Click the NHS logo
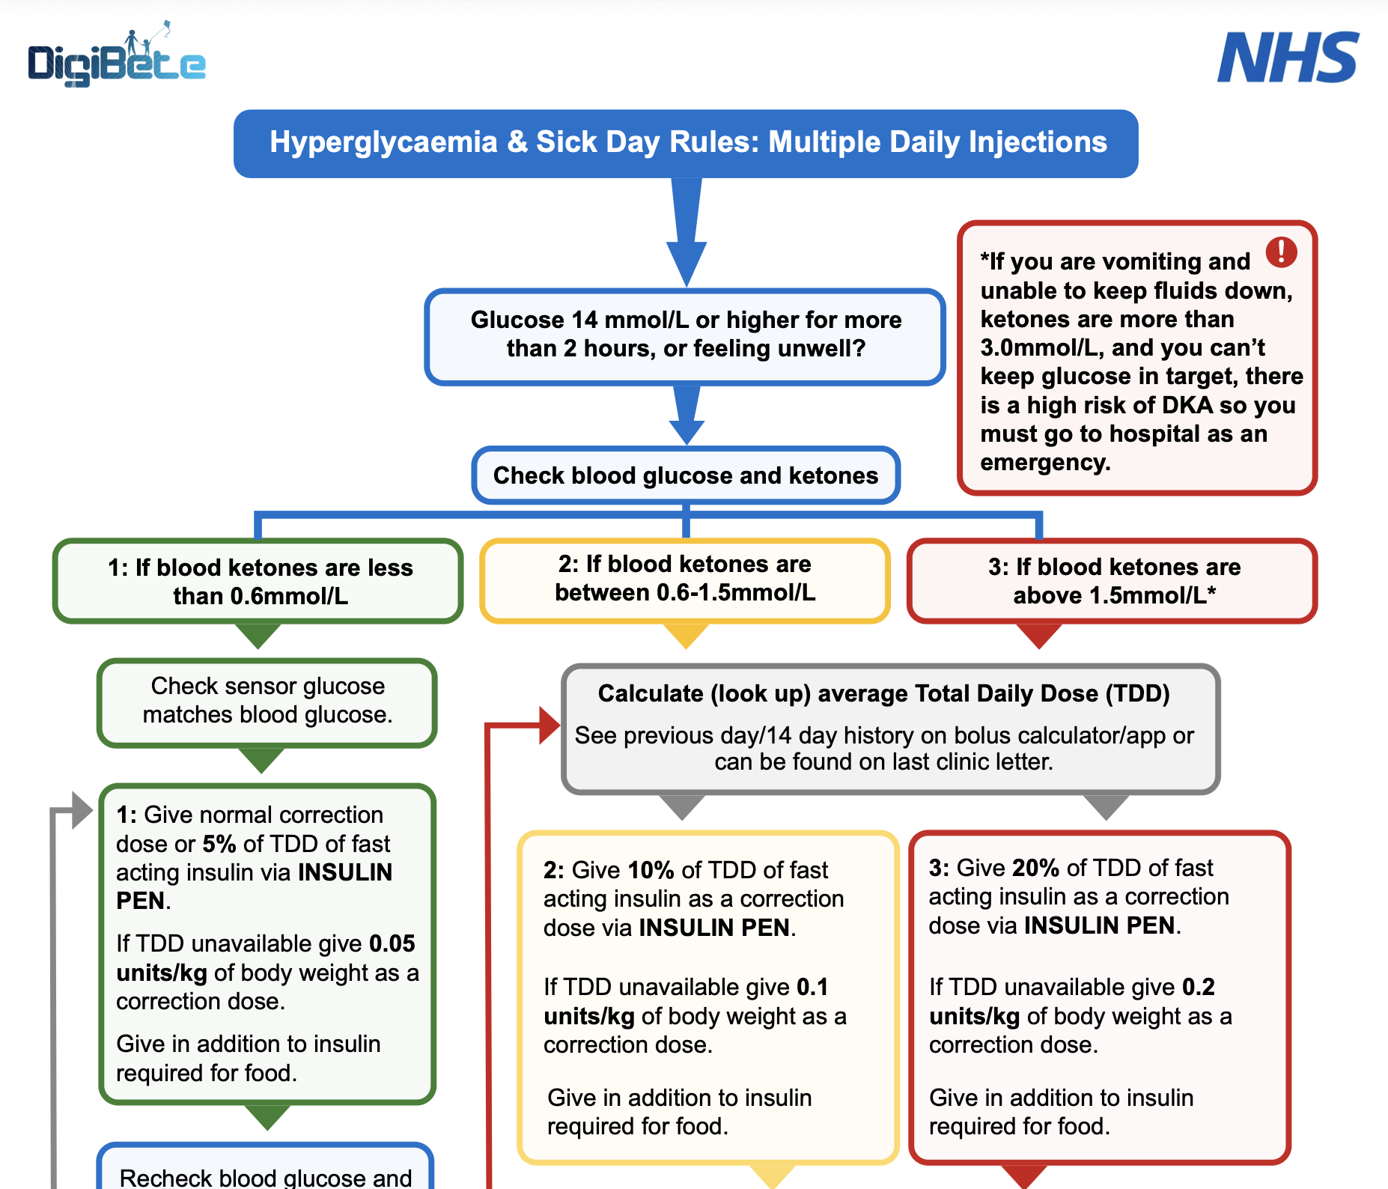click(1288, 58)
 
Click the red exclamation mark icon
click(1281, 252)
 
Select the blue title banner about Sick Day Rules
click(686, 143)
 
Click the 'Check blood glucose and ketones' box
click(686, 475)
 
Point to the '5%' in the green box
click(219, 844)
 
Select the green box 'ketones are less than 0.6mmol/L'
click(259, 582)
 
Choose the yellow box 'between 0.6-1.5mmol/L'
click(685, 579)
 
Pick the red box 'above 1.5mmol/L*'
click(1112, 581)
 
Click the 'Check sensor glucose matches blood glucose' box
click(267, 701)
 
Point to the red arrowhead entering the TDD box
click(550, 725)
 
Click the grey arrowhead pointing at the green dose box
click(82, 810)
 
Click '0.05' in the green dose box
click(392, 943)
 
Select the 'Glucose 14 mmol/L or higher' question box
click(686, 335)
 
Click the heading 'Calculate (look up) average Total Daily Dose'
click(883, 694)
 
